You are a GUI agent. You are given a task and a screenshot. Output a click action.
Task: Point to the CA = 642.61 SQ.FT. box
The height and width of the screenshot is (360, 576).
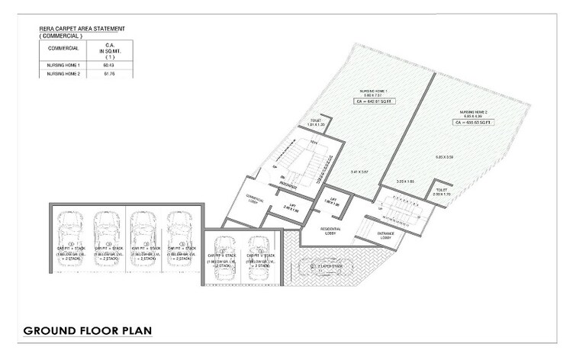click(x=374, y=101)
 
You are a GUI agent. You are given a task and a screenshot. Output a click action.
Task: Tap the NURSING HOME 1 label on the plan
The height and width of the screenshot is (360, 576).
click(x=374, y=89)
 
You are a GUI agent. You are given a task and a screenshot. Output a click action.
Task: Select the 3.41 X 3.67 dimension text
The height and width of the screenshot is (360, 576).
click(x=361, y=173)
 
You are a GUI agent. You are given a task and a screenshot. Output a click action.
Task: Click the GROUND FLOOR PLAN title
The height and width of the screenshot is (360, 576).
click(x=88, y=331)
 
